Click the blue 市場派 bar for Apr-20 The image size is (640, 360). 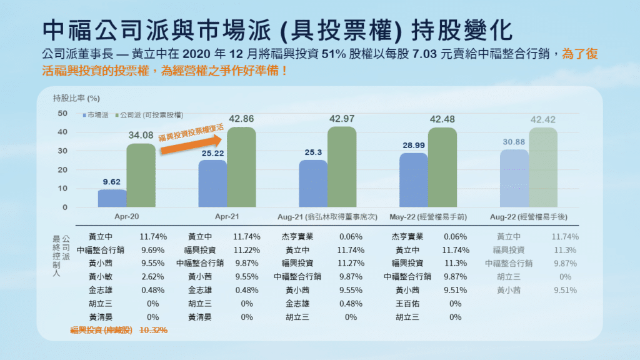pyautogui.click(x=112, y=198)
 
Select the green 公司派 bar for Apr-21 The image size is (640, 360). pyautogui.click(x=241, y=167)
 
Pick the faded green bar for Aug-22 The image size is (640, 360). pyautogui.click(x=543, y=167)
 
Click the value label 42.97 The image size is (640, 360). pyautogui.click(x=341, y=119)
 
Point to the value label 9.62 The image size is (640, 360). pyautogui.click(x=112, y=182)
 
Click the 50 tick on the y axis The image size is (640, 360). pyautogui.click(x=62, y=113)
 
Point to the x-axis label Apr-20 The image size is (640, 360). pyautogui.click(x=126, y=216)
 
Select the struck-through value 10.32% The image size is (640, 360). pyautogui.click(x=153, y=331)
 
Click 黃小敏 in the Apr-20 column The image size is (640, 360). pyautogui.click(x=102, y=277)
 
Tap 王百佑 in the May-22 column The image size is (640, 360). pyautogui.click(x=408, y=304)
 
